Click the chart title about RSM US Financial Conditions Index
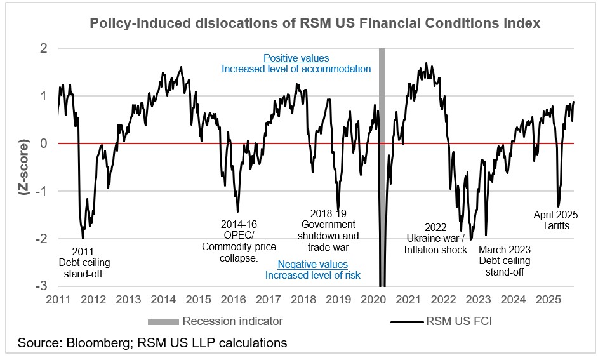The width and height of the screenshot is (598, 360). pos(315,23)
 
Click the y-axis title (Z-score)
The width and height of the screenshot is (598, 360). pos(26,167)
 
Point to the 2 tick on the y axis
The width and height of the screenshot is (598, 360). pos(44,48)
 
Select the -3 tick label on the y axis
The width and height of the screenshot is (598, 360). pos(42,286)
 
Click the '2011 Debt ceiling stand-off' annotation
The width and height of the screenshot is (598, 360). pos(84,262)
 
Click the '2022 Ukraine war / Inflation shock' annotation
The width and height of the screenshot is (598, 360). pos(435,239)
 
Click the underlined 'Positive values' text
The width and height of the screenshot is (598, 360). pos(296,58)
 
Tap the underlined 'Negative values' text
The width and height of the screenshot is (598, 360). pos(312,264)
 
